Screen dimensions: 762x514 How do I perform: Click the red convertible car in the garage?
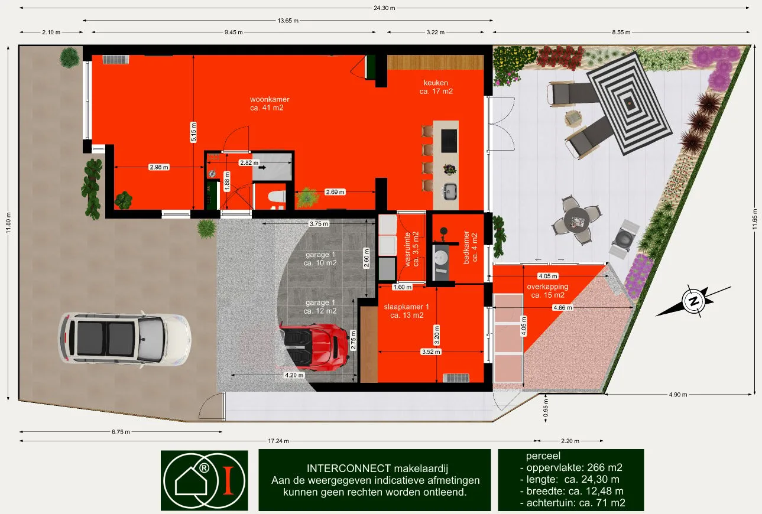pos(314,346)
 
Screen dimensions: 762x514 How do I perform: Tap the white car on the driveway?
pos(124,339)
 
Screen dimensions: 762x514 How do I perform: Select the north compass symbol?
pos(694,301)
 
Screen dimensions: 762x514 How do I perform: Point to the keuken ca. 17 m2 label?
pos(436,87)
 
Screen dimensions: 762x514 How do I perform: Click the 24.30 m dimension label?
pos(384,8)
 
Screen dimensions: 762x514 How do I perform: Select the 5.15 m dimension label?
pos(193,132)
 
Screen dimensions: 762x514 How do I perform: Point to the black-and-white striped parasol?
pos(630,103)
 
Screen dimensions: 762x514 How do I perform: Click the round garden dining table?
pos(576,220)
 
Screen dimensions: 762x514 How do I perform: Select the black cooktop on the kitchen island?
pos(449,141)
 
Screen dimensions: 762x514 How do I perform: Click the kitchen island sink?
pos(450,191)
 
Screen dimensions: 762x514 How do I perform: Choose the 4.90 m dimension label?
pos(678,395)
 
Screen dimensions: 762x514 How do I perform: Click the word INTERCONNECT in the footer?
pos(349,469)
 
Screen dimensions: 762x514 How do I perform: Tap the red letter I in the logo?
pos(228,480)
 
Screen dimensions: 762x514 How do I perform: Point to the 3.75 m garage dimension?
pos(319,224)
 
